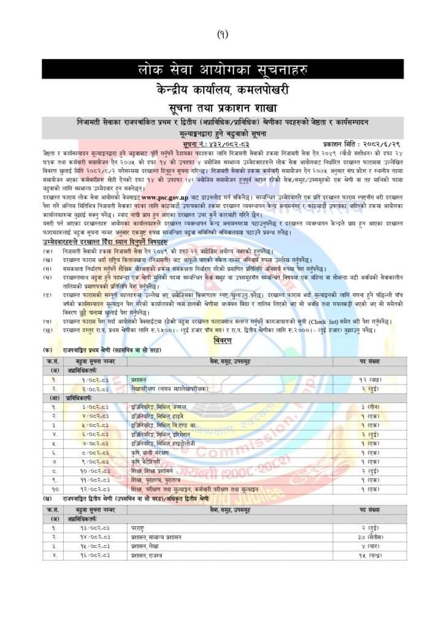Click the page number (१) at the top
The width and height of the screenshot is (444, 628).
222,34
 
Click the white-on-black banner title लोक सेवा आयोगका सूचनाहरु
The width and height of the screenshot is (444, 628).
222,69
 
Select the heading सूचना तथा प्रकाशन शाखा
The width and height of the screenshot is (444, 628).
222,107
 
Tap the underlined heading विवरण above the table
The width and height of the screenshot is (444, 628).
222,339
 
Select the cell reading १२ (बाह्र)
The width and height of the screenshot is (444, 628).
373,380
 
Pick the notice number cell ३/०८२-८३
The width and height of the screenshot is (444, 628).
96,407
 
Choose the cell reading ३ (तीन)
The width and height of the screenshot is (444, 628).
373,407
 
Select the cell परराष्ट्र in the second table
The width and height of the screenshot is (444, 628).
137,527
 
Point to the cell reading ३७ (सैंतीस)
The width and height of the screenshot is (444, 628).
373,536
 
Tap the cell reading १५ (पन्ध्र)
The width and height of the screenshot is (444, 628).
373,554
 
